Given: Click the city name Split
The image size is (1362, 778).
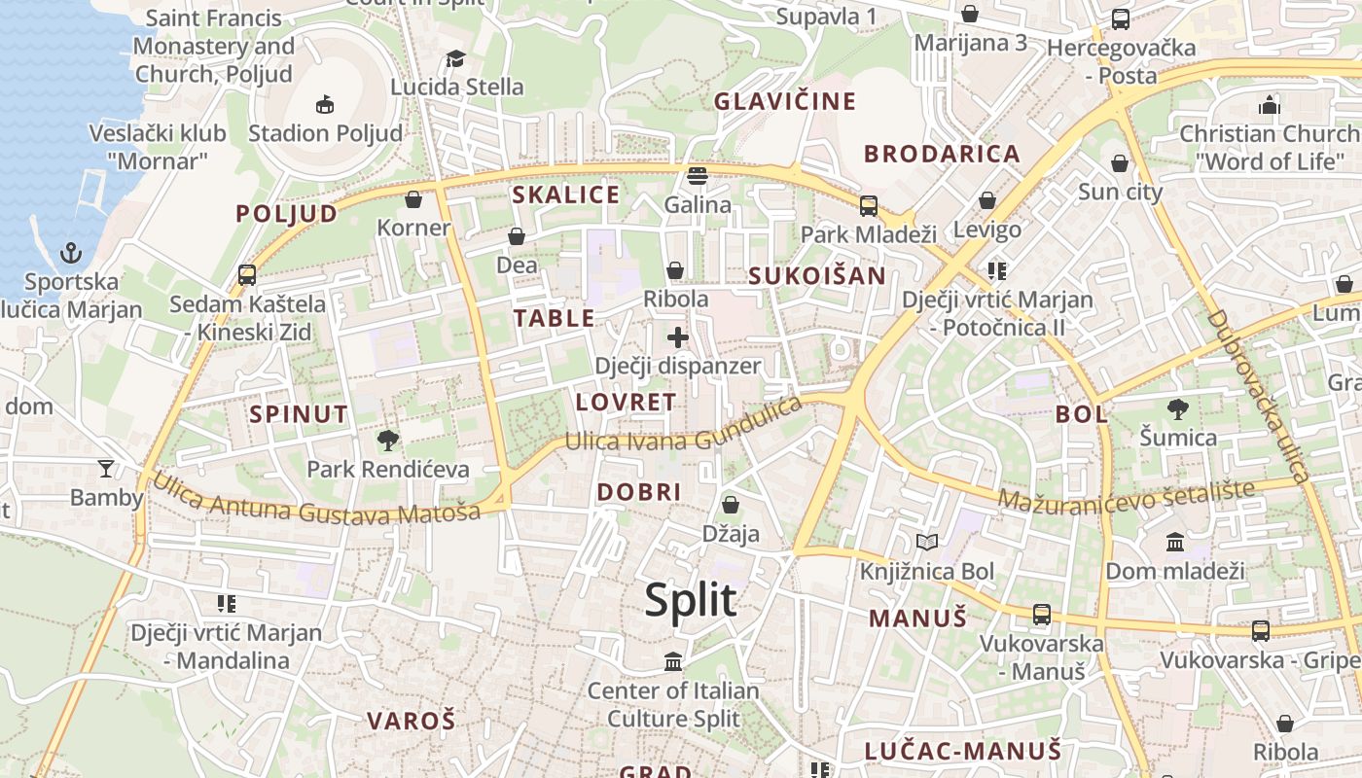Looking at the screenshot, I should click(x=691, y=600).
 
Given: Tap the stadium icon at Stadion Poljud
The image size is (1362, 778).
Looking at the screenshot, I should click(x=325, y=104).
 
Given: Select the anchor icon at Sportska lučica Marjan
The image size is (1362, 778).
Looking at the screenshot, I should click(x=71, y=254).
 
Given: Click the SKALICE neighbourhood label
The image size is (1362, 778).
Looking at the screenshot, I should click(x=566, y=194).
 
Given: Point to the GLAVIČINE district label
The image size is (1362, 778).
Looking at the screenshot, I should click(x=785, y=101).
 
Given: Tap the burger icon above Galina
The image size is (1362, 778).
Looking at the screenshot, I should click(x=697, y=176).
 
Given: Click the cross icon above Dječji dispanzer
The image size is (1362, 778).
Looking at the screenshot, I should click(x=678, y=337).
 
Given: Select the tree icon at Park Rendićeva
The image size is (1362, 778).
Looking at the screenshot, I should click(x=388, y=441).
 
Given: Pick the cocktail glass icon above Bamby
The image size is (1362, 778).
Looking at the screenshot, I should click(x=106, y=469).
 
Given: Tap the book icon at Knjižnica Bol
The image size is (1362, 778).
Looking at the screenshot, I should click(x=927, y=542).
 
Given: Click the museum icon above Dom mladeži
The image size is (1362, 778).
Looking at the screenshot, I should click(x=1175, y=542).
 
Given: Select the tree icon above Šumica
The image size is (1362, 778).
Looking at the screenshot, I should click(x=1178, y=408).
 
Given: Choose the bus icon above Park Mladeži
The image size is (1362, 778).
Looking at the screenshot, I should click(x=868, y=205).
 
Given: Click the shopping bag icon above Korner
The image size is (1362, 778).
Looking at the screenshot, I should click(x=413, y=199).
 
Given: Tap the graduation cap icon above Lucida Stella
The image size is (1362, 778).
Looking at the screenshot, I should click(x=455, y=58).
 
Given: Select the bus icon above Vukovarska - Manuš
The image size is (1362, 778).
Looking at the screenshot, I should click(x=1042, y=614).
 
